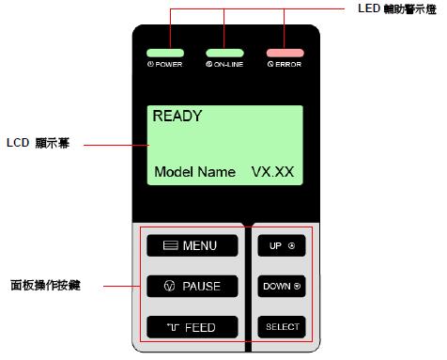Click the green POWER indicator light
(x=170, y=53)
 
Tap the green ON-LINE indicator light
(x=224, y=53)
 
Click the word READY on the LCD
(x=177, y=117)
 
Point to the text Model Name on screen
(x=194, y=173)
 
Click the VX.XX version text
(x=273, y=173)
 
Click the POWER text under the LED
(x=170, y=66)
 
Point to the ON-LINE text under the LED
(x=224, y=66)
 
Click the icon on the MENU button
(x=170, y=246)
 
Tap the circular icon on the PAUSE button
(x=168, y=286)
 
